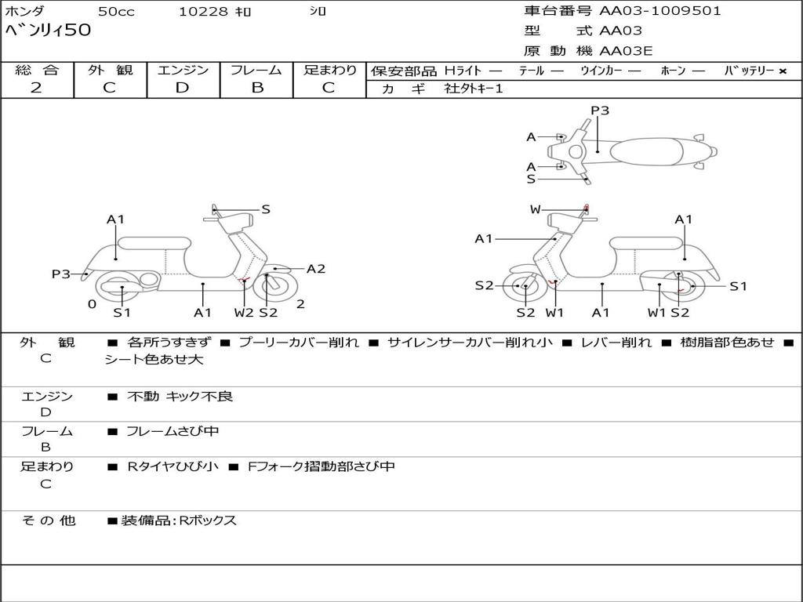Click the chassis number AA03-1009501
click(x=660, y=11)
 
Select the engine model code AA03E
click(x=626, y=52)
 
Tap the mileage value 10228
click(x=203, y=12)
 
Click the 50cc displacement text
click(x=115, y=12)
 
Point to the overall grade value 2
click(x=36, y=88)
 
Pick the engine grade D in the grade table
click(x=182, y=88)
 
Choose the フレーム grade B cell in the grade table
click(x=257, y=88)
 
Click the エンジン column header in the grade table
click(x=183, y=71)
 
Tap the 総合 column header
click(x=37, y=71)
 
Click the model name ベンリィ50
click(x=49, y=31)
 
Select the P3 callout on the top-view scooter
click(x=600, y=111)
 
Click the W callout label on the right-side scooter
click(x=535, y=209)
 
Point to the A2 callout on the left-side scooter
click(x=316, y=269)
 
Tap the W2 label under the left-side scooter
click(x=244, y=313)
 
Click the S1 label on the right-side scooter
click(x=738, y=286)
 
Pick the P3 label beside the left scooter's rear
click(x=61, y=274)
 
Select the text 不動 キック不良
click(x=180, y=397)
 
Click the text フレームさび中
click(x=173, y=431)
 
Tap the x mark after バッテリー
click(x=782, y=71)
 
